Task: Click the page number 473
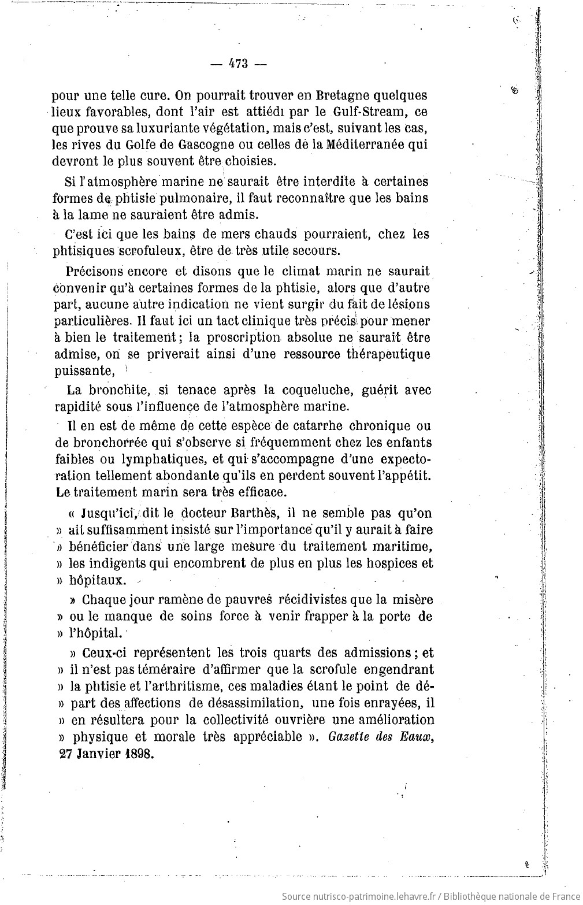pos(237,64)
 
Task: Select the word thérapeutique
pos(381,354)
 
